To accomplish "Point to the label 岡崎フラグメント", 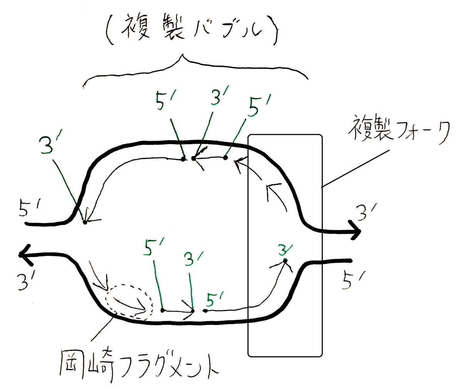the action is tap(139, 365).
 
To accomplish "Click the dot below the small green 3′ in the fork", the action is tap(286, 261).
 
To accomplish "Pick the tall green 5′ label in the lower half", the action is tap(154, 248).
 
